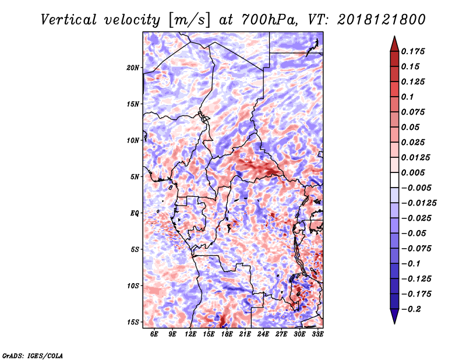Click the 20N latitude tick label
(x=133, y=68)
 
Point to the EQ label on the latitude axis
(x=135, y=213)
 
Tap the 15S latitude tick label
(x=133, y=322)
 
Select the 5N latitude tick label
(x=135, y=177)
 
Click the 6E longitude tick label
(x=154, y=334)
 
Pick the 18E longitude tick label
(x=227, y=334)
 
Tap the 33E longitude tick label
(x=317, y=334)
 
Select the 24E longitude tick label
(x=263, y=334)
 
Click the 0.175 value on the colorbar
(x=413, y=51)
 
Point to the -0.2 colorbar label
(x=411, y=309)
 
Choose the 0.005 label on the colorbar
(x=413, y=172)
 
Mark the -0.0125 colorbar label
(x=419, y=203)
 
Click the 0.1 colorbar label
(x=407, y=97)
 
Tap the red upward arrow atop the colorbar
(x=394, y=44)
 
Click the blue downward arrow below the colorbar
(x=394, y=316)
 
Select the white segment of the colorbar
(x=394, y=180)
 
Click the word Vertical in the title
(x=69, y=20)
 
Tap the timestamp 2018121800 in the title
(x=382, y=20)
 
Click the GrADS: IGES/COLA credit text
(x=33, y=355)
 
